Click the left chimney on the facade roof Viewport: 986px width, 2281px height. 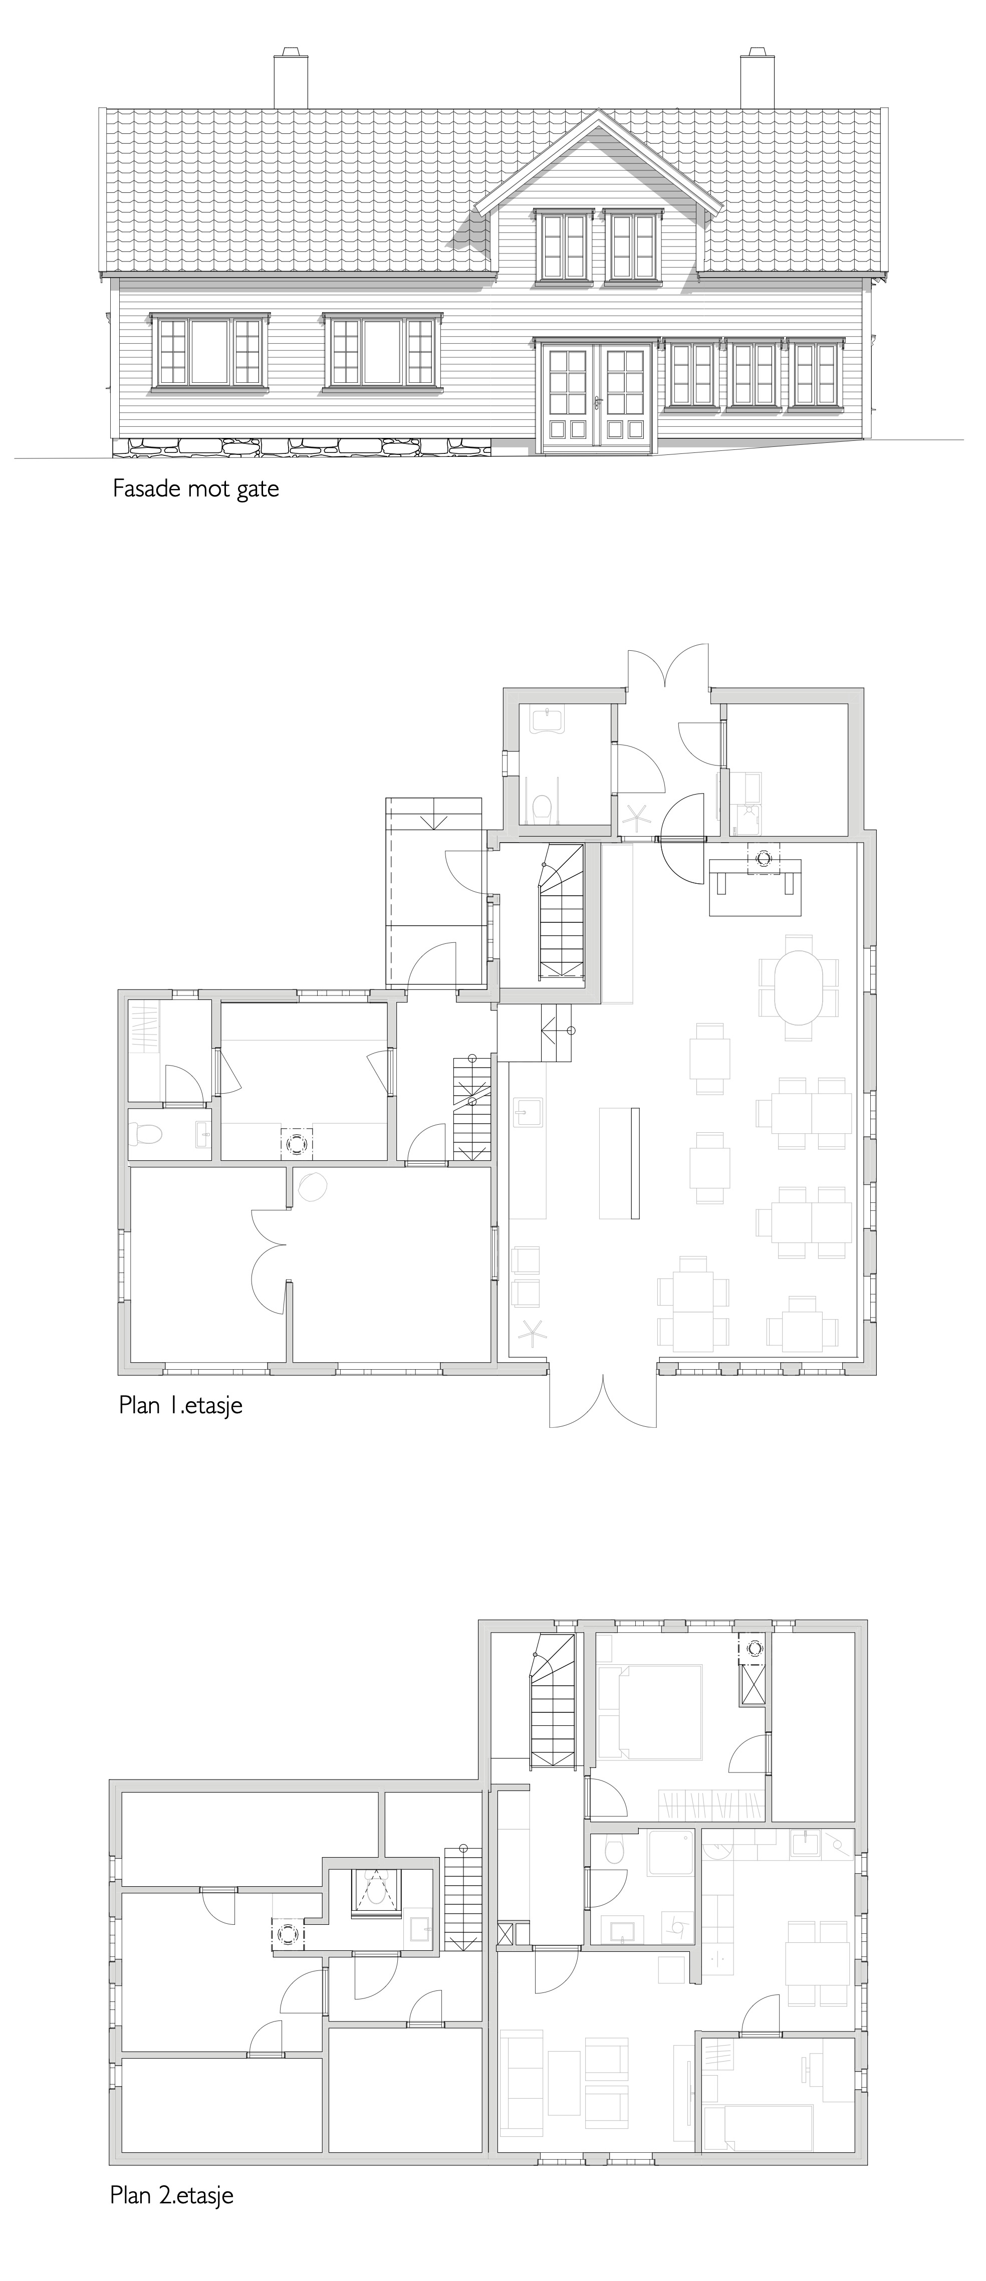click(x=291, y=79)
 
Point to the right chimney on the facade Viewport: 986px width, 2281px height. click(x=758, y=79)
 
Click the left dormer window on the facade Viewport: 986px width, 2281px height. click(x=564, y=246)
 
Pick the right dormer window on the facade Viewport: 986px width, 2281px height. click(x=632, y=246)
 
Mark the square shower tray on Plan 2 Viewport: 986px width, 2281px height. click(x=671, y=1853)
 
